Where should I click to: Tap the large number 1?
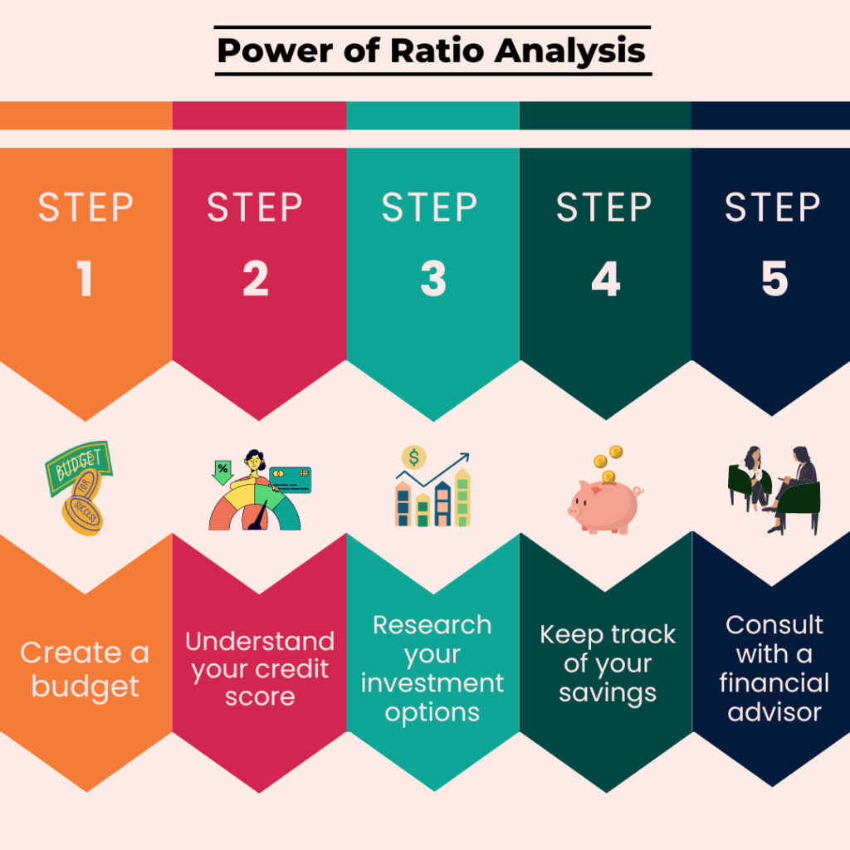click(x=85, y=280)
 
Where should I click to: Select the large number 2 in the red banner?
click(x=256, y=280)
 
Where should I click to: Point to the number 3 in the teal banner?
click(x=432, y=280)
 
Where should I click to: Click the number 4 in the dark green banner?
click(x=605, y=280)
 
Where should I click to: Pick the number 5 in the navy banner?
click(x=774, y=280)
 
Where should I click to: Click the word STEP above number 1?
click(x=85, y=208)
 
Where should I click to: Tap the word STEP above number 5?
click(x=773, y=208)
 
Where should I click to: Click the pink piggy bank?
click(x=604, y=505)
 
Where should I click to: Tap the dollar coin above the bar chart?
click(x=413, y=457)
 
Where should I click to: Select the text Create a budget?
click(x=85, y=670)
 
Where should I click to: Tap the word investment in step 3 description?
click(x=432, y=683)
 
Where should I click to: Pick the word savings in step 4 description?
click(x=607, y=693)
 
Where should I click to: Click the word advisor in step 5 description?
click(x=774, y=712)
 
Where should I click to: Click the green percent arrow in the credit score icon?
click(x=222, y=469)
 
